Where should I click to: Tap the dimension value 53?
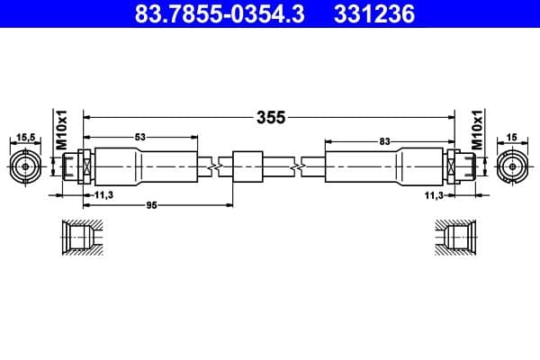click(x=140, y=137)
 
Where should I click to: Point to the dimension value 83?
click(x=385, y=140)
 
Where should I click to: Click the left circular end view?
click(x=25, y=166)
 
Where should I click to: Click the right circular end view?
click(x=513, y=166)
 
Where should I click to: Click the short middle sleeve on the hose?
click(x=247, y=166)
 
